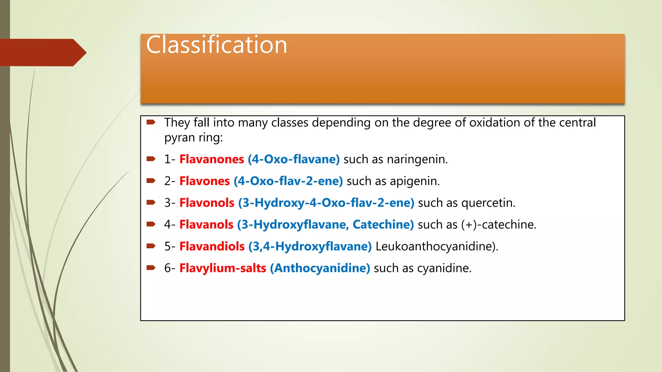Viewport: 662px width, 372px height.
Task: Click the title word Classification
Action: pos(216,45)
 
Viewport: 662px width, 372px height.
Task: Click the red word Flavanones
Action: pos(212,159)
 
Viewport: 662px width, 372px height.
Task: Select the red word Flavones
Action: pos(205,181)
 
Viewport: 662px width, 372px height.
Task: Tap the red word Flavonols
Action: pos(207,203)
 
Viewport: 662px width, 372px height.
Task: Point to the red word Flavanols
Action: pos(206,224)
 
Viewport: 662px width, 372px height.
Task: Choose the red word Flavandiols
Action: pos(212,246)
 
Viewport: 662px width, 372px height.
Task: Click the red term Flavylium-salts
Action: pos(223,268)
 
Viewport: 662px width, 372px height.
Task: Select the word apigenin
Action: pos(414,181)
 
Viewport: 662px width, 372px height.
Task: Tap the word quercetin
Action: pos(488,203)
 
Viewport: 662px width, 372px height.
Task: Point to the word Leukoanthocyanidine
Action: pos(436,246)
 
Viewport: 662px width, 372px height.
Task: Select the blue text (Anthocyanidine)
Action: pos(320,268)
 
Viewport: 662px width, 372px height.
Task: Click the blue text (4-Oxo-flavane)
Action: pos(294,159)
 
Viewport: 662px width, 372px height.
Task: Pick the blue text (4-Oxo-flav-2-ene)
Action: pos(288,181)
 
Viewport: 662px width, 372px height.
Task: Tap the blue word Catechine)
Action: pos(383,224)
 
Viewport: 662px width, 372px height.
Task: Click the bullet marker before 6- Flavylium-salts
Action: pos(151,267)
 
